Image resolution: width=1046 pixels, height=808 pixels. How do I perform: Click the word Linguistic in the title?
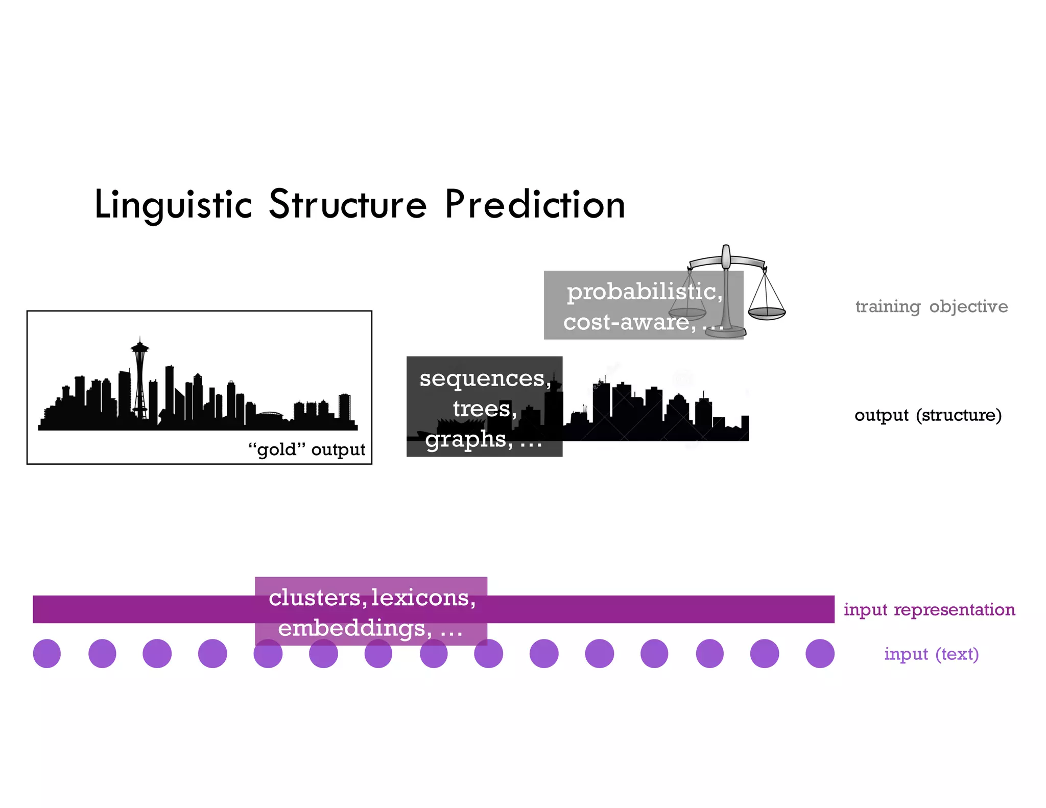[173, 205]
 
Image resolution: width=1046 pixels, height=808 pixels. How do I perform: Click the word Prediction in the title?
[535, 205]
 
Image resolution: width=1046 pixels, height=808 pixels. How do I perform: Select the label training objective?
[931, 306]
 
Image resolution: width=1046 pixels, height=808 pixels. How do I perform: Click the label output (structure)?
[928, 415]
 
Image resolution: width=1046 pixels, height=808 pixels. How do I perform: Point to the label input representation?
[929, 609]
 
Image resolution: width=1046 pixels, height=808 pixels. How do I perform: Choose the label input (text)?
[931, 654]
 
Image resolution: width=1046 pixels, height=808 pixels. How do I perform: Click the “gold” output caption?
[306, 449]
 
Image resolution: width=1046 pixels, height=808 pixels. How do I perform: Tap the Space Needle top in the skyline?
[139, 348]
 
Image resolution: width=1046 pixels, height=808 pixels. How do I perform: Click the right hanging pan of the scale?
[767, 312]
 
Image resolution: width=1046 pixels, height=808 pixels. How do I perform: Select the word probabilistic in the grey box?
[644, 292]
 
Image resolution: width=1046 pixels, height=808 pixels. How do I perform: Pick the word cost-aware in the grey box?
[628, 322]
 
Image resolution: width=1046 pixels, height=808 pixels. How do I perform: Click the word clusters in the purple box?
[315, 598]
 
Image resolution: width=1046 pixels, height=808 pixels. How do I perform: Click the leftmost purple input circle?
[47, 653]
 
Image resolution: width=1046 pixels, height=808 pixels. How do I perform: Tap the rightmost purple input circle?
[820, 653]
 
